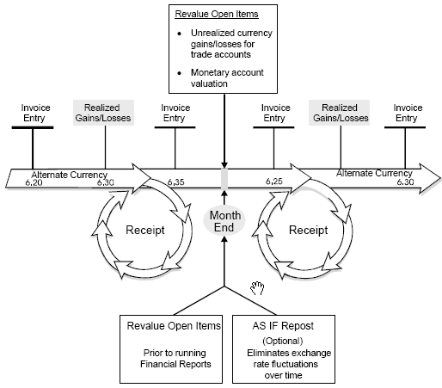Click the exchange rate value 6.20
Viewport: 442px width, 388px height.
[34, 182]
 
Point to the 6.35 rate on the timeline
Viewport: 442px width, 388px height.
[175, 182]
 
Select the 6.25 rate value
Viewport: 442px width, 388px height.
[274, 182]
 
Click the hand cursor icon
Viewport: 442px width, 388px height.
[256, 286]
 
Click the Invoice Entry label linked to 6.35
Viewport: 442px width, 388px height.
[175, 113]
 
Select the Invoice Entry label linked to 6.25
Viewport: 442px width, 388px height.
[274, 113]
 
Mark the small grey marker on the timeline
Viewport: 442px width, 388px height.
[224, 178]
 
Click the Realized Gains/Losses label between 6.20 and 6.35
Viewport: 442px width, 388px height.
[105, 113]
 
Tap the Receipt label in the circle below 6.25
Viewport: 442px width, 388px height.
[308, 231]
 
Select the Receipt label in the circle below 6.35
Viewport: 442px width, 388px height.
[144, 231]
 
